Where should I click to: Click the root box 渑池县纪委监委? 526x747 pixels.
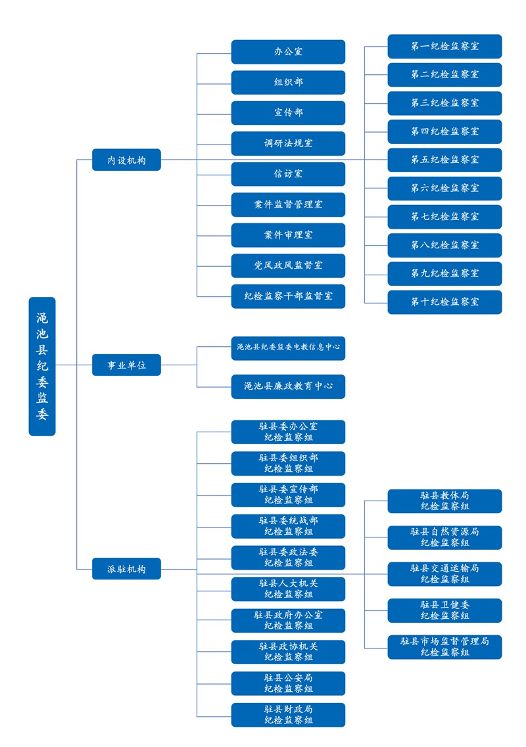(42, 366)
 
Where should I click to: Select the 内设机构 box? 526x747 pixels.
(126, 160)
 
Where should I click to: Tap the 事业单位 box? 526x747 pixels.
(126, 365)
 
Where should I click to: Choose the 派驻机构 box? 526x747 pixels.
(126, 568)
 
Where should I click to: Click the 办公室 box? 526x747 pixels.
(288, 52)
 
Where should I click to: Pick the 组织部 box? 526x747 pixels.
(288, 82)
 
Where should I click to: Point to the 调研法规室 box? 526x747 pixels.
(288, 143)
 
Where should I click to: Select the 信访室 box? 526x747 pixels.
(288, 174)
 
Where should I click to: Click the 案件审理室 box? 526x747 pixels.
(288, 235)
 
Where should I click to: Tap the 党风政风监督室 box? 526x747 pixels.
(288, 265)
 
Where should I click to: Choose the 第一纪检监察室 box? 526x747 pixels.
(444, 47)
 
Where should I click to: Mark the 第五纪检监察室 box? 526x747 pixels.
(444, 160)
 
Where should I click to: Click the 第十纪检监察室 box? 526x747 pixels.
(444, 302)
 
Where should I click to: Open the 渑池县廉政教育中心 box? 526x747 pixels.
(288, 386)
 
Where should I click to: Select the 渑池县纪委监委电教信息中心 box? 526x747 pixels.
(288, 348)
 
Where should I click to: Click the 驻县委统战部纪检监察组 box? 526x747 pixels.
(288, 526)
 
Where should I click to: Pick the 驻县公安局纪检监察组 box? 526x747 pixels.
(288, 683)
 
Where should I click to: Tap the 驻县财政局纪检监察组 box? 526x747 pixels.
(288, 715)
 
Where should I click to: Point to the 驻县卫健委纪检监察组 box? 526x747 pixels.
(444, 610)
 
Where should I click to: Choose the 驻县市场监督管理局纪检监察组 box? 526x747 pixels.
(444, 646)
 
